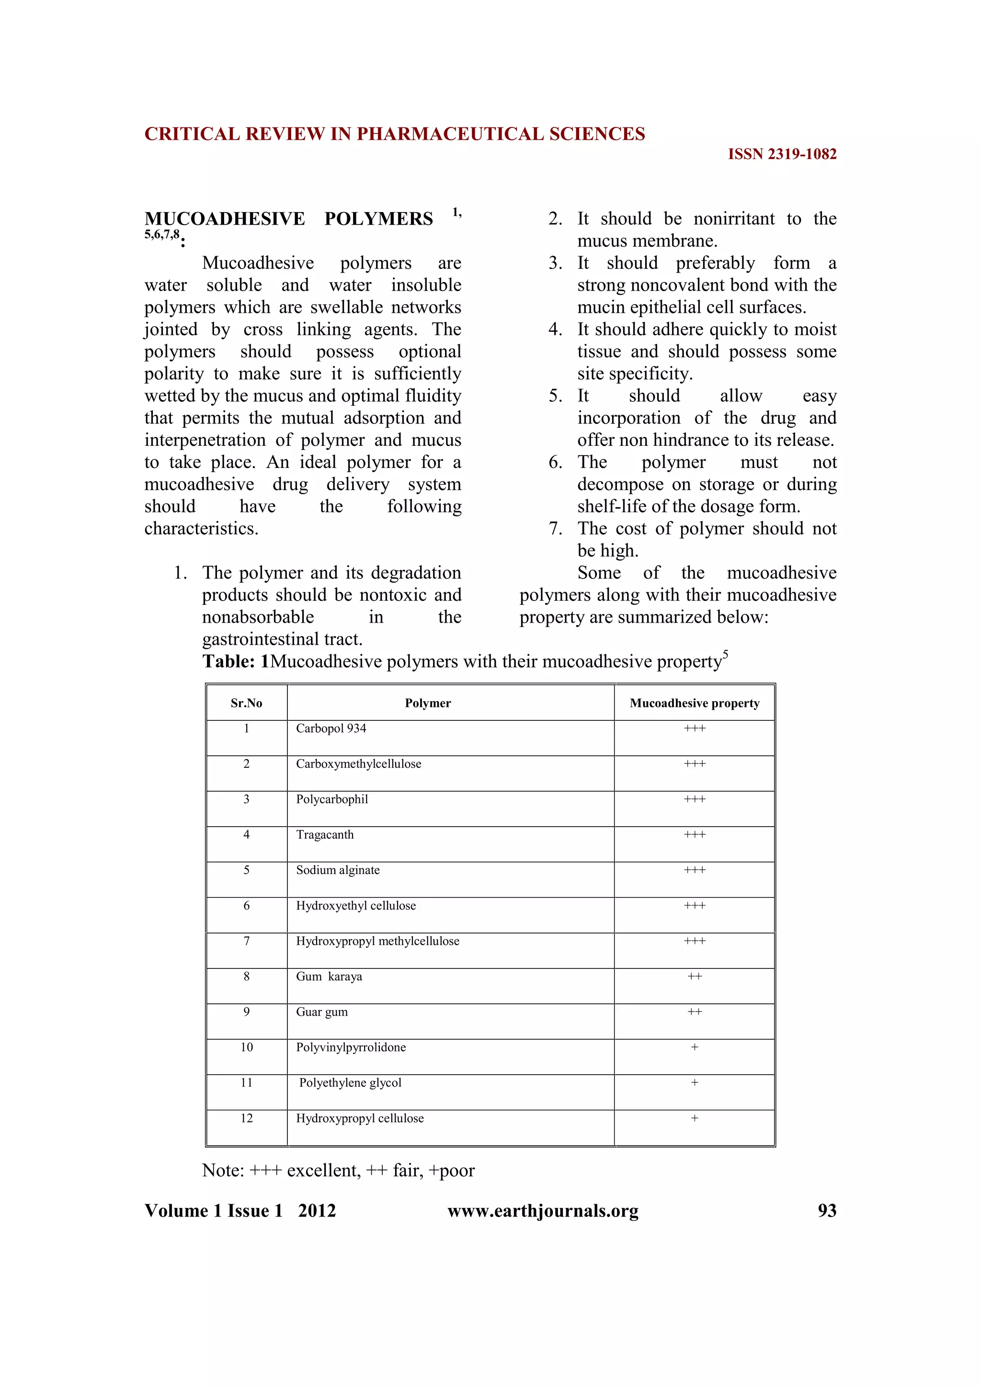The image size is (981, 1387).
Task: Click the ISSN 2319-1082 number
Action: pos(782,154)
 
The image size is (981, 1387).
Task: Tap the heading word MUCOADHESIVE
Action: pos(225,219)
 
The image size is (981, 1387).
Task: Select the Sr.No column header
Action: pos(247,703)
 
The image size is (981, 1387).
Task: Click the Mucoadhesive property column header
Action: pos(694,703)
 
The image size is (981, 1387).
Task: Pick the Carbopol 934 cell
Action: pos(331,728)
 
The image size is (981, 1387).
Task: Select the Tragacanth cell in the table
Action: pos(324,835)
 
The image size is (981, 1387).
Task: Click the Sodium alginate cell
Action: pos(338,871)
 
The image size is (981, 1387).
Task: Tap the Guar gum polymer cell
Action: pos(321,1012)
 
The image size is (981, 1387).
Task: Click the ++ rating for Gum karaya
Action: pos(694,977)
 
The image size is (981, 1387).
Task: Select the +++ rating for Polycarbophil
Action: pos(694,799)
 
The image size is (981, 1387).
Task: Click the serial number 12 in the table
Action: pos(247,1119)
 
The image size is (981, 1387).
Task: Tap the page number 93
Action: pos(826,1211)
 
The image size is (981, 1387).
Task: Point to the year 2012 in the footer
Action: pos(317,1211)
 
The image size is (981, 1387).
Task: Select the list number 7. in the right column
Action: pos(555,529)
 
